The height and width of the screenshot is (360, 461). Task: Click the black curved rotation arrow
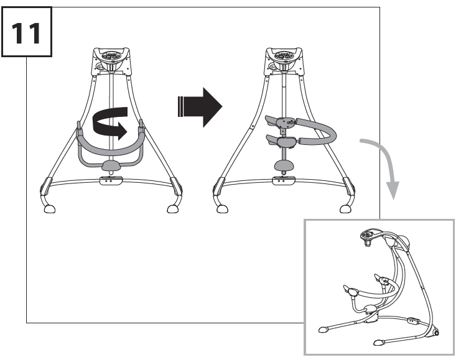pos(110,122)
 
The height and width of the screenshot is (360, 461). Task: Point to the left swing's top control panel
pos(111,58)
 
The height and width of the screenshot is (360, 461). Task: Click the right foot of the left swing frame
pos(172,210)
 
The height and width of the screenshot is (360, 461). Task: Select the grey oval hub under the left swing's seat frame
pos(110,166)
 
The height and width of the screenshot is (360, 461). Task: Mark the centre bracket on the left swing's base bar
pos(111,180)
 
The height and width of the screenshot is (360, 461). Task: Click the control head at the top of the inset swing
pos(370,235)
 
